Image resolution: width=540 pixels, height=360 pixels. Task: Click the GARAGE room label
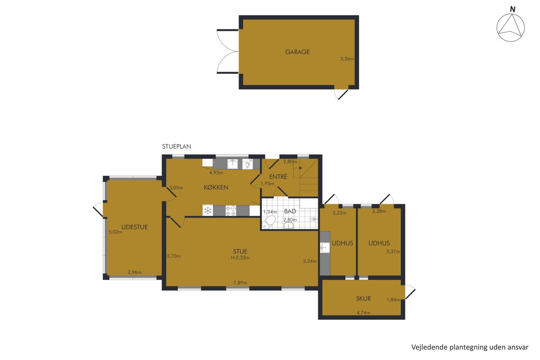pyautogui.click(x=297, y=52)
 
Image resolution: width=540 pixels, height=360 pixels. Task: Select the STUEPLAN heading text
pyautogui.click(x=176, y=146)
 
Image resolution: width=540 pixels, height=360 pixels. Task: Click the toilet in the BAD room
pyautogui.click(x=269, y=222)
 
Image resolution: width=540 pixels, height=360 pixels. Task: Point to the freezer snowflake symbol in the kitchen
pyautogui.click(x=207, y=211)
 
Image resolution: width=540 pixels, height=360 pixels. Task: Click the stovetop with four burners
pyautogui.click(x=231, y=211)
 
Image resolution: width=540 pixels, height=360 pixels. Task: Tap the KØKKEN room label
pyautogui.click(x=216, y=187)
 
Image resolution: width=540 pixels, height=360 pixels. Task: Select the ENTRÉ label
pyautogui.click(x=278, y=176)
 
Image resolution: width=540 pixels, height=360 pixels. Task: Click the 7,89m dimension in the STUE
pyautogui.click(x=240, y=282)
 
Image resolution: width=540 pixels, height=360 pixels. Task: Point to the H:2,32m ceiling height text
pyautogui.click(x=240, y=257)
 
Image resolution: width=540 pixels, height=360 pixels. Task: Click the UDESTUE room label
pyautogui.click(x=135, y=227)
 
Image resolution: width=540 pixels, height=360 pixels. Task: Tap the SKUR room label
pyautogui.click(x=363, y=298)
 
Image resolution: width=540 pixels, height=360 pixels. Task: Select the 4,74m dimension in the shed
pyautogui.click(x=364, y=312)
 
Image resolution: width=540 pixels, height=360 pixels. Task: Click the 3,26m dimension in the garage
pyautogui.click(x=347, y=58)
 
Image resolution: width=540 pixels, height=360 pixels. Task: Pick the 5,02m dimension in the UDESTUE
pyautogui.click(x=116, y=232)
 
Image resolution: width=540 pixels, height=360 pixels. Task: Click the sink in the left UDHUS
pyautogui.click(x=325, y=247)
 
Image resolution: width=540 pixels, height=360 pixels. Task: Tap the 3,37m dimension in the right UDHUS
pyautogui.click(x=393, y=252)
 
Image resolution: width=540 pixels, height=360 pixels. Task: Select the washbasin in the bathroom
pyautogui.click(x=288, y=226)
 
